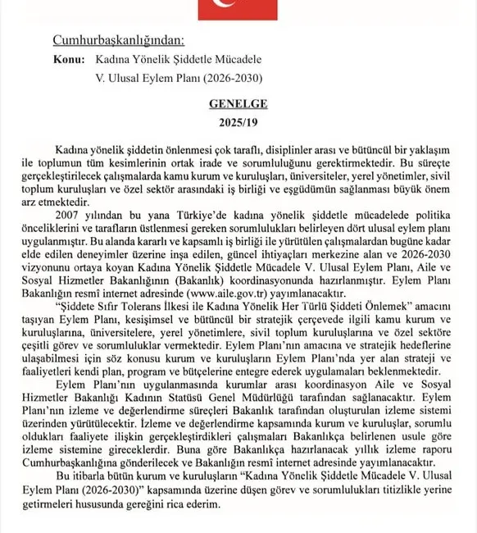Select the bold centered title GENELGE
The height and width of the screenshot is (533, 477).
click(x=238, y=107)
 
